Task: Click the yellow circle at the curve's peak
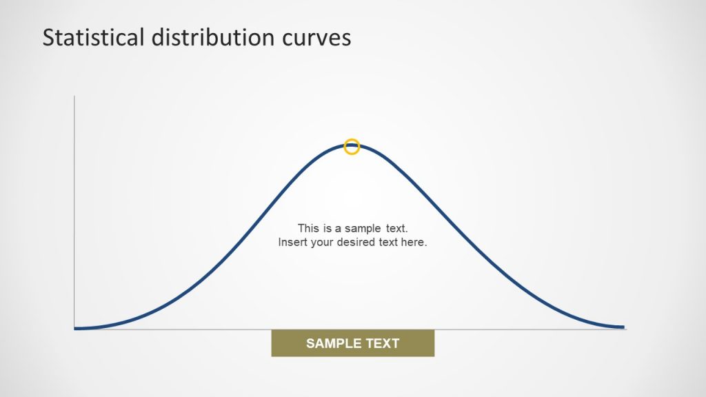click(x=352, y=146)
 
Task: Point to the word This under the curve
click(x=308, y=227)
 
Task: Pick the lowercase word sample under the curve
click(x=363, y=227)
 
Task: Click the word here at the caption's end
click(x=415, y=243)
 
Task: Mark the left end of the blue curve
click(x=76, y=328)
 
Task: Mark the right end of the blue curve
click(x=623, y=327)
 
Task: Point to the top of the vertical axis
click(x=74, y=97)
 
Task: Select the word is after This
click(x=327, y=227)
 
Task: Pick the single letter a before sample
click(x=339, y=227)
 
